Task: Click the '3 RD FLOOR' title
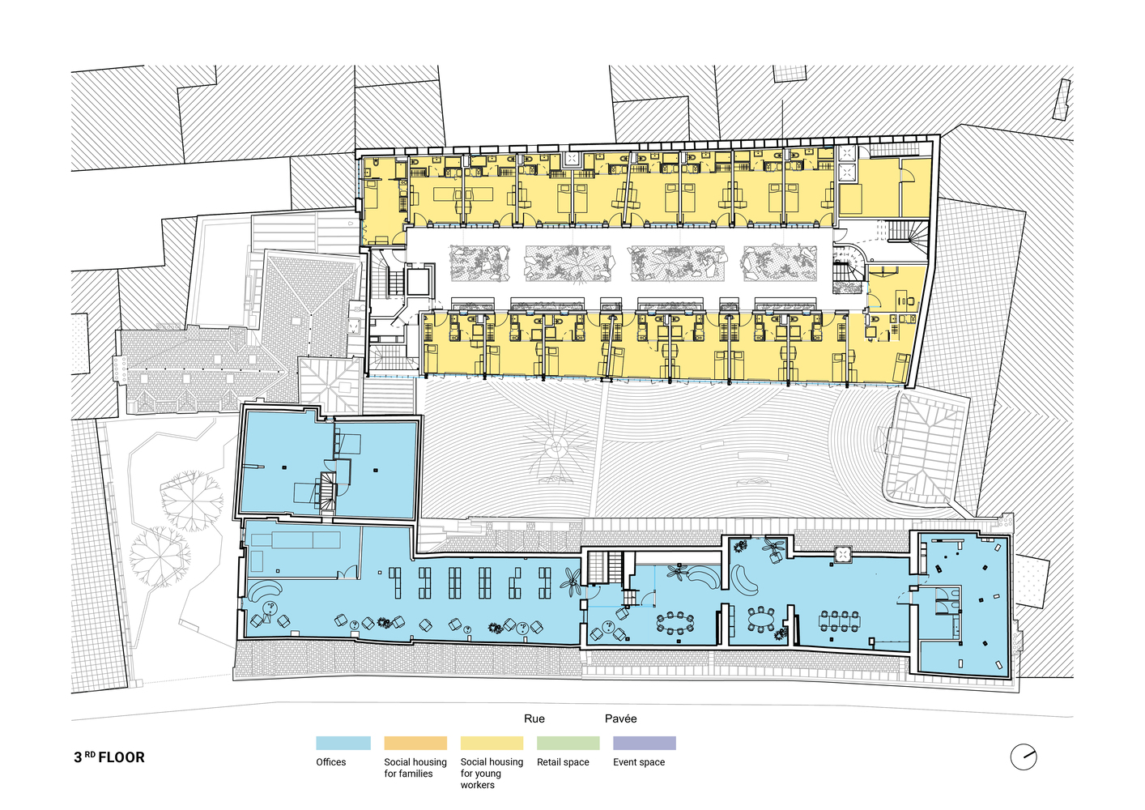tap(109, 757)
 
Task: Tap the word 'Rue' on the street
tap(534, 718)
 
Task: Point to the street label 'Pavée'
tap(620, 718)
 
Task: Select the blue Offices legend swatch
tap(343, 743)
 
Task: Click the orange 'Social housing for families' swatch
tap(415, 743)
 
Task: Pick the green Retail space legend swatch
tap(568, 743)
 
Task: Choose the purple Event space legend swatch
tap(645, 743)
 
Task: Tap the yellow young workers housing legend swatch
tap(492, 743)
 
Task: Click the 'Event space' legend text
tap(639, 762)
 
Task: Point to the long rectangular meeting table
tap(840, 622)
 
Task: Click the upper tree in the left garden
tap(192, 501)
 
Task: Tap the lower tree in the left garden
tap(160, 556)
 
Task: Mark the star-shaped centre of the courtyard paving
tap(555, 449)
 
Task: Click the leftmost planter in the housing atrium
tap(479, 263)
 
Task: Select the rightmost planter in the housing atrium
tap(780, 263)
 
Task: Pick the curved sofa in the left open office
tap(266, 591)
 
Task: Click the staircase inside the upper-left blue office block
tap(327, 492)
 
